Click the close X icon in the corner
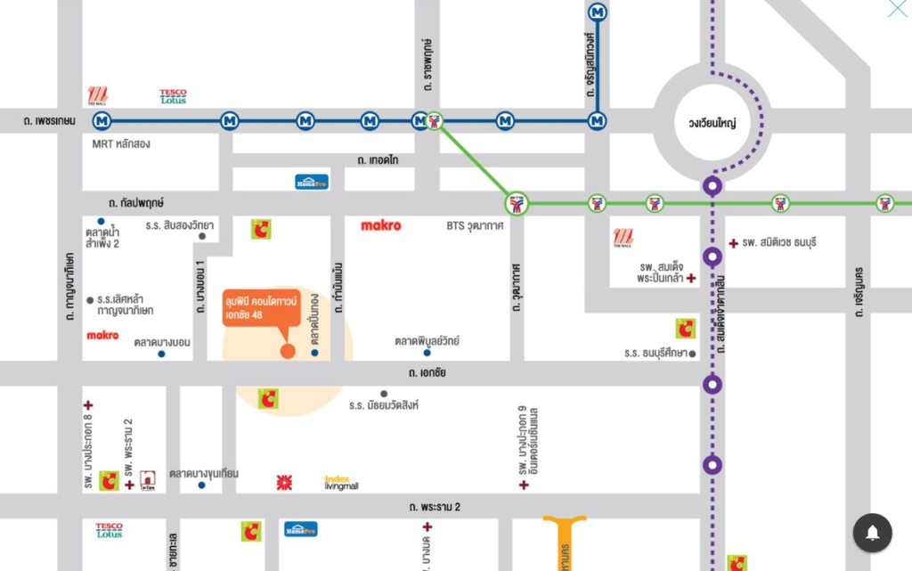point(898,9)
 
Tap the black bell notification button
point(873,533)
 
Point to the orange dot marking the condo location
point(288,350)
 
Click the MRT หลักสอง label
point(122,143)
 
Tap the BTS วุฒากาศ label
point(475,226)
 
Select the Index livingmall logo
point(341,483)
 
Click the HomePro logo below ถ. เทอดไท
point(313,182)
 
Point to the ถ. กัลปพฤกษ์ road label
point(136,203)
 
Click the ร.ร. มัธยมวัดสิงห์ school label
point(383,405)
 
